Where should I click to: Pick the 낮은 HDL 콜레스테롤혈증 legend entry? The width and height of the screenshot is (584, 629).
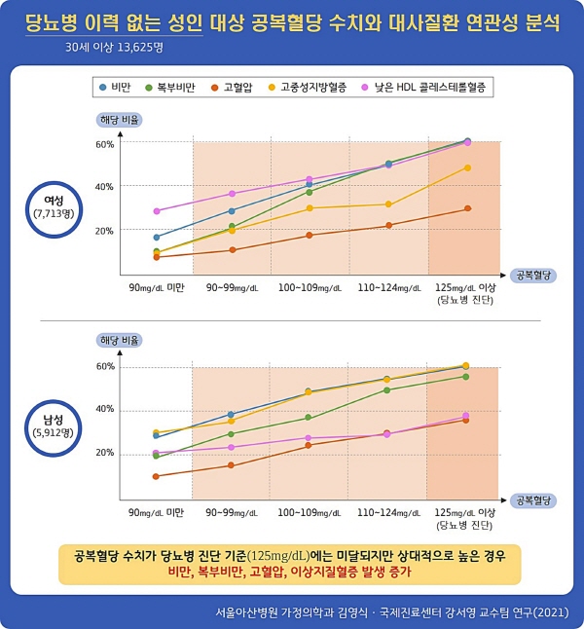click(420, 88)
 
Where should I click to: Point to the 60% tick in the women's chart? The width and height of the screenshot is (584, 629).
click(104, 144)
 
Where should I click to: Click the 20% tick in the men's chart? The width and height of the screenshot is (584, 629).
click(104, 453)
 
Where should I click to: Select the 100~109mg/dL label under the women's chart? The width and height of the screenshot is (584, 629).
click(309, 288)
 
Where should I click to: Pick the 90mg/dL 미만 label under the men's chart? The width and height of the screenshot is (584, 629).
click(157, 511)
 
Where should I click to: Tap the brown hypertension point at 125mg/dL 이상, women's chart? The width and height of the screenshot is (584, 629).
click(467, 208)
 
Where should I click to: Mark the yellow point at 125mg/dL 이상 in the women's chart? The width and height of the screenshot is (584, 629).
click(467, 167)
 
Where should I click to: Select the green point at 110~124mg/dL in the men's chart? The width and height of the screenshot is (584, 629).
click(387, 389)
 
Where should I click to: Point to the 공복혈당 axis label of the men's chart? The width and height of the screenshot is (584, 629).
click(534, 499)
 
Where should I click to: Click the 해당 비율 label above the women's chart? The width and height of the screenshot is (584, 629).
click(120, 120)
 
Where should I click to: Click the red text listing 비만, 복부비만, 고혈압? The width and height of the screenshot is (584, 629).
click(290, 571)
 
